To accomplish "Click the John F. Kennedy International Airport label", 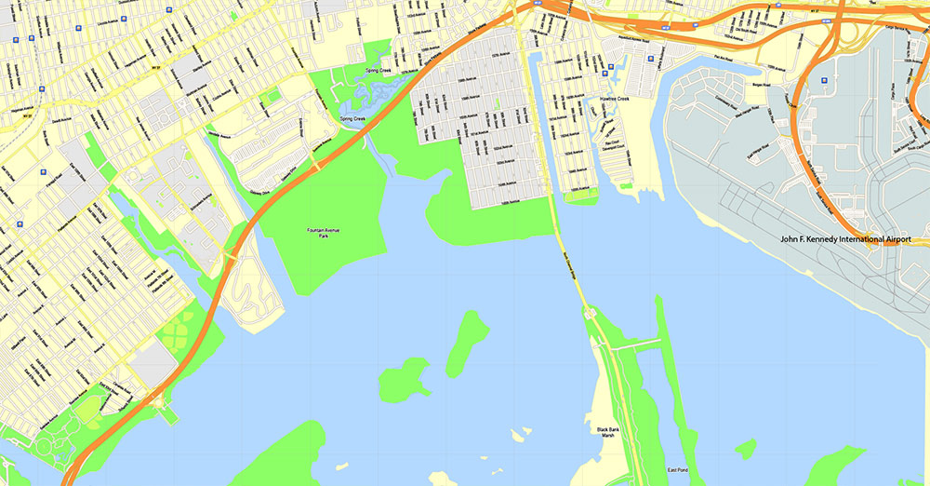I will (x=855, y=240).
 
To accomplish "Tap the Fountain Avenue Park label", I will (x=324, y=233).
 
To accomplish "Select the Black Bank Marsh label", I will (x=606, y=432).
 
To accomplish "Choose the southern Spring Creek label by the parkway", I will (x=352, y=119).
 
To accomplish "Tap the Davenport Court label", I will (x=613, y=144).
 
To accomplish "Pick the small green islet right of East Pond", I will (x=745, y=450).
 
